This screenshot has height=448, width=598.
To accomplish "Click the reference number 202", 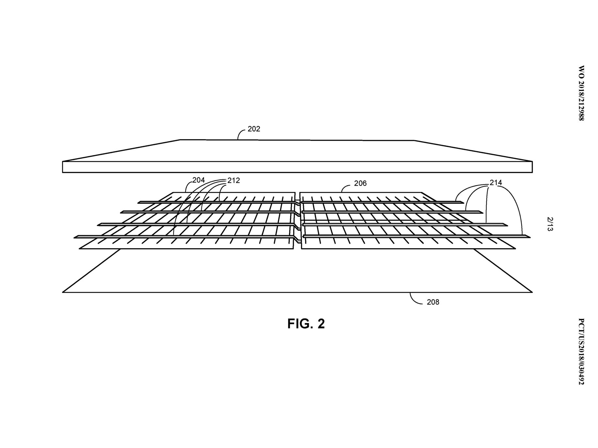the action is click(x=254, y=129).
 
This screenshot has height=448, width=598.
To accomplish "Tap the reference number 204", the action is click(x=198, y=180).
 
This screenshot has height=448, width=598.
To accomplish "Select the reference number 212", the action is click(x=234, y=180).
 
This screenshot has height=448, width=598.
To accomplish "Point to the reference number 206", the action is click(x=360, y=184).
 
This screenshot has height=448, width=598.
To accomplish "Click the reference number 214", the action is click(x=496, y=183).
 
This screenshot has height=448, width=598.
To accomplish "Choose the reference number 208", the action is click(x=433, y=302).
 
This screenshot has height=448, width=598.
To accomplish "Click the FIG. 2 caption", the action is click(x=306, y=324).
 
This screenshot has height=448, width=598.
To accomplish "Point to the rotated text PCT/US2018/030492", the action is click(x=581, y=351).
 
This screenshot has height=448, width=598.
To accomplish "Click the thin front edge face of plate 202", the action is click(x=297, y=167).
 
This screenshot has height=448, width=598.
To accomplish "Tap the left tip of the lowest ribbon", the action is click(x=74, y=237).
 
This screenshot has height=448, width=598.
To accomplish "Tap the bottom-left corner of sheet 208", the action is click(x=62, y=292).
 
